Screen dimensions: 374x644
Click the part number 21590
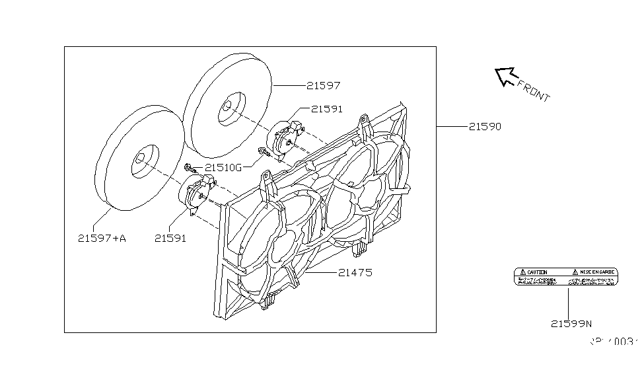[485, 126]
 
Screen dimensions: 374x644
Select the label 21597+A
[102, 238]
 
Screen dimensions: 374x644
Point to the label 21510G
[223, 167]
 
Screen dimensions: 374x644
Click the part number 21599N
[571, 323]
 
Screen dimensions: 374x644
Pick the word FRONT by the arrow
[533, 90]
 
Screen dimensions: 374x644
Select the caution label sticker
[566, 276]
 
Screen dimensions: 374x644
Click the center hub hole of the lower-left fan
[141, 160]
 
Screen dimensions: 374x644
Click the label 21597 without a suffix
[323, 85]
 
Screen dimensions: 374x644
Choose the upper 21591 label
[327, 109]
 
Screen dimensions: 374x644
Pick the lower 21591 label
[170, 238]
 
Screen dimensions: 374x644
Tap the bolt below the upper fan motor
[265, 153]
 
